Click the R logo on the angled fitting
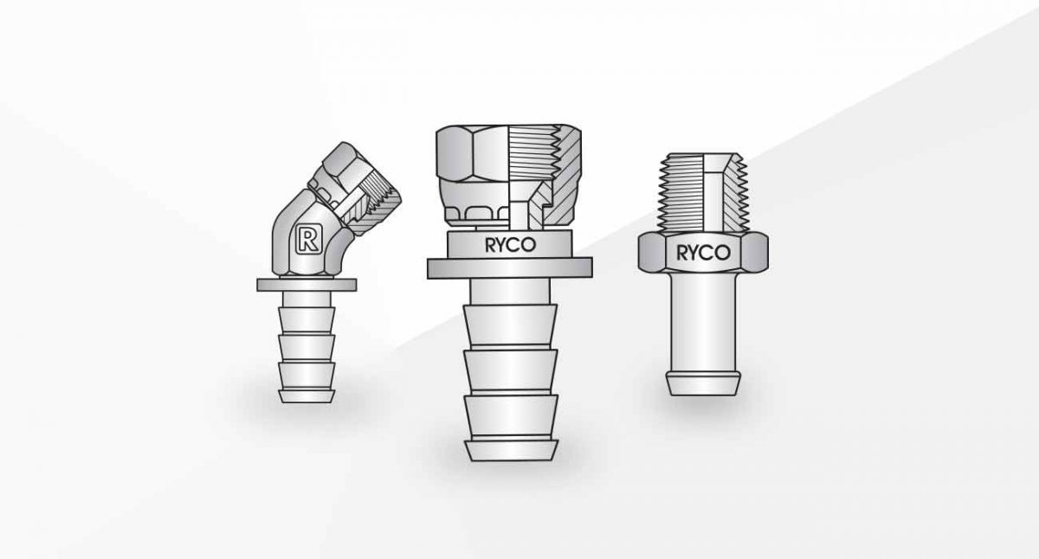coord(306,237)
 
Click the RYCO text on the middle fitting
coord(510,245)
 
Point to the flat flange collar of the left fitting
coord(307,285)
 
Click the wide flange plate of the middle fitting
coord(509,268)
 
